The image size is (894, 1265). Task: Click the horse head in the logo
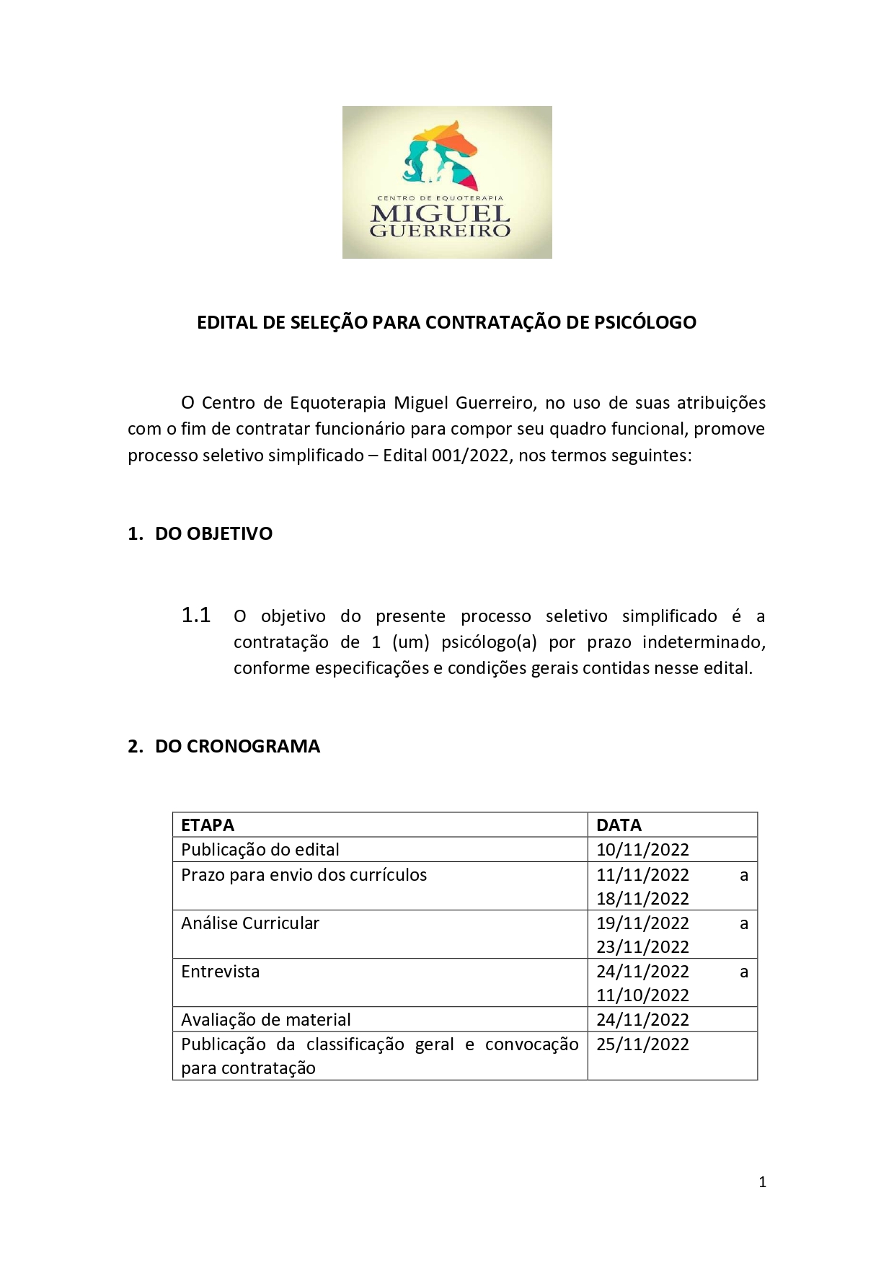451,141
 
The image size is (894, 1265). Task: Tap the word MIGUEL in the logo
440,214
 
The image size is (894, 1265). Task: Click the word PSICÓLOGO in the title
645,322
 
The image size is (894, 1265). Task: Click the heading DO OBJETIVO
213,534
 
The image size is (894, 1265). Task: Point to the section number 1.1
195,616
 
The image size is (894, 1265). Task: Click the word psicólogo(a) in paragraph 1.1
489,642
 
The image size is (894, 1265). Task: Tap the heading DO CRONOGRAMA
237,747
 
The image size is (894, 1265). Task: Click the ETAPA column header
208,825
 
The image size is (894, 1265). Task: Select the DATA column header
619,825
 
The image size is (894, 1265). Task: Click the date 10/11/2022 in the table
642,850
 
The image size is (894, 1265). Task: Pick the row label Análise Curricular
250,923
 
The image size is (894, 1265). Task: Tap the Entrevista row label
220,972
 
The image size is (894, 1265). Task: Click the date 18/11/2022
642,899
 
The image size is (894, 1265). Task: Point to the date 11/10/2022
642,995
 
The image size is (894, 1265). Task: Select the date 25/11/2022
642,1044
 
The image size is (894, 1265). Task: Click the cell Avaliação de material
265,1020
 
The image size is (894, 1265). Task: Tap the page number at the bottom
762,1182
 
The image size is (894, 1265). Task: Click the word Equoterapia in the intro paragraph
337,403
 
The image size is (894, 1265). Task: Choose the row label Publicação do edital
260,850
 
